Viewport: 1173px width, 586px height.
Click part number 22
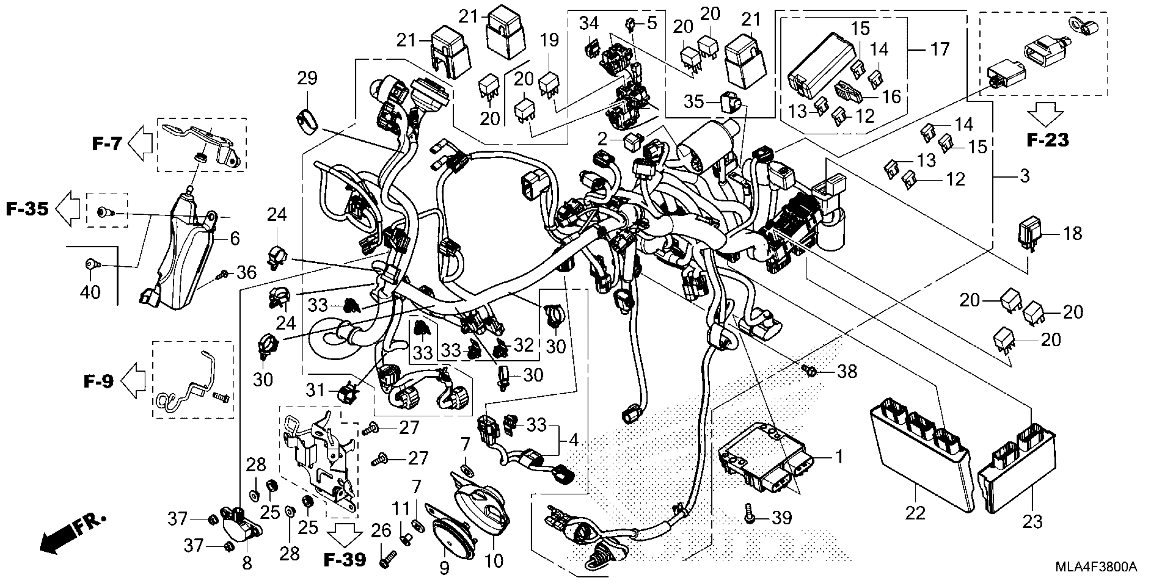point(915,513)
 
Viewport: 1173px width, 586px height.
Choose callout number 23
point(1032,522)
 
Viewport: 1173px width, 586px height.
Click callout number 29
point(307,78)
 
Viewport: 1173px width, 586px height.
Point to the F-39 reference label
point(345,559)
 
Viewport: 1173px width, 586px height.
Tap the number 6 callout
point(235,239)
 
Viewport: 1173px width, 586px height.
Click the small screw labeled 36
point(224,274)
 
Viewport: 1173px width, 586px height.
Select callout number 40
point(90,292)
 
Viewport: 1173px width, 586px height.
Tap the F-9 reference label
point(98,381)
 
